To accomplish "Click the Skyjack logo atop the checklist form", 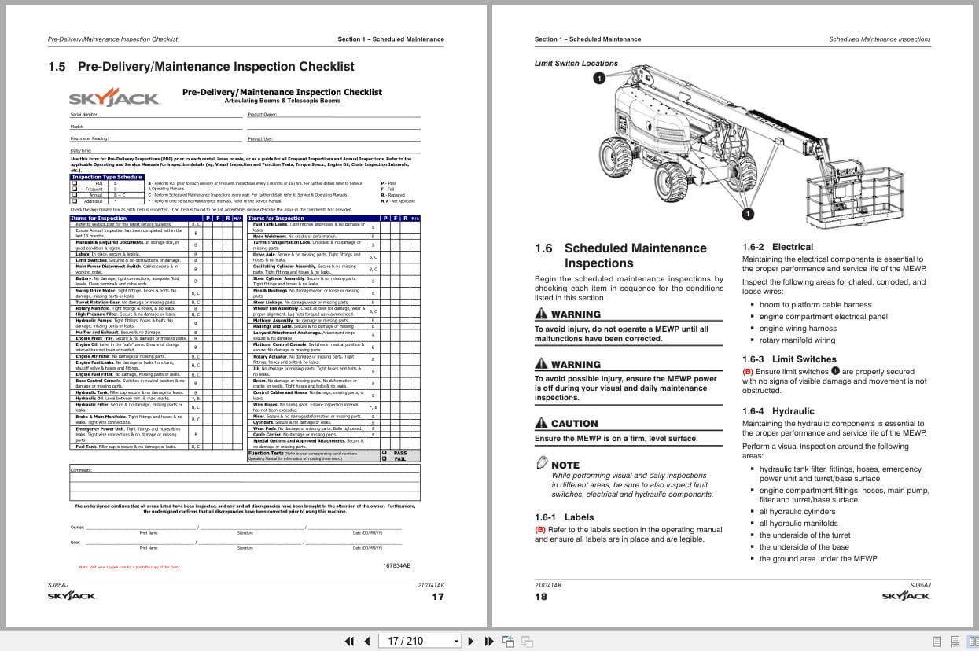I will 114,98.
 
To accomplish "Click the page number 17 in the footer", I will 438,597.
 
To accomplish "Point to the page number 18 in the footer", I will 541,597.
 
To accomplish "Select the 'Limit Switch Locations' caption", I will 576,64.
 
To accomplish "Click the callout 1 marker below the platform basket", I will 747,214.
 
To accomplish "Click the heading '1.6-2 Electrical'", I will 777,247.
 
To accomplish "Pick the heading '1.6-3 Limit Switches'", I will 789,359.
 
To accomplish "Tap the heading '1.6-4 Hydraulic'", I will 778,411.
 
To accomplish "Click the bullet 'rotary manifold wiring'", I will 797,340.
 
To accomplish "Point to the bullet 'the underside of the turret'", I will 804,535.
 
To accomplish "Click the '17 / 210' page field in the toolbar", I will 418,641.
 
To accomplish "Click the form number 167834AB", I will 396,565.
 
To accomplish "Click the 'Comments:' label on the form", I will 81,469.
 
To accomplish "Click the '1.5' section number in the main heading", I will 57,67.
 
